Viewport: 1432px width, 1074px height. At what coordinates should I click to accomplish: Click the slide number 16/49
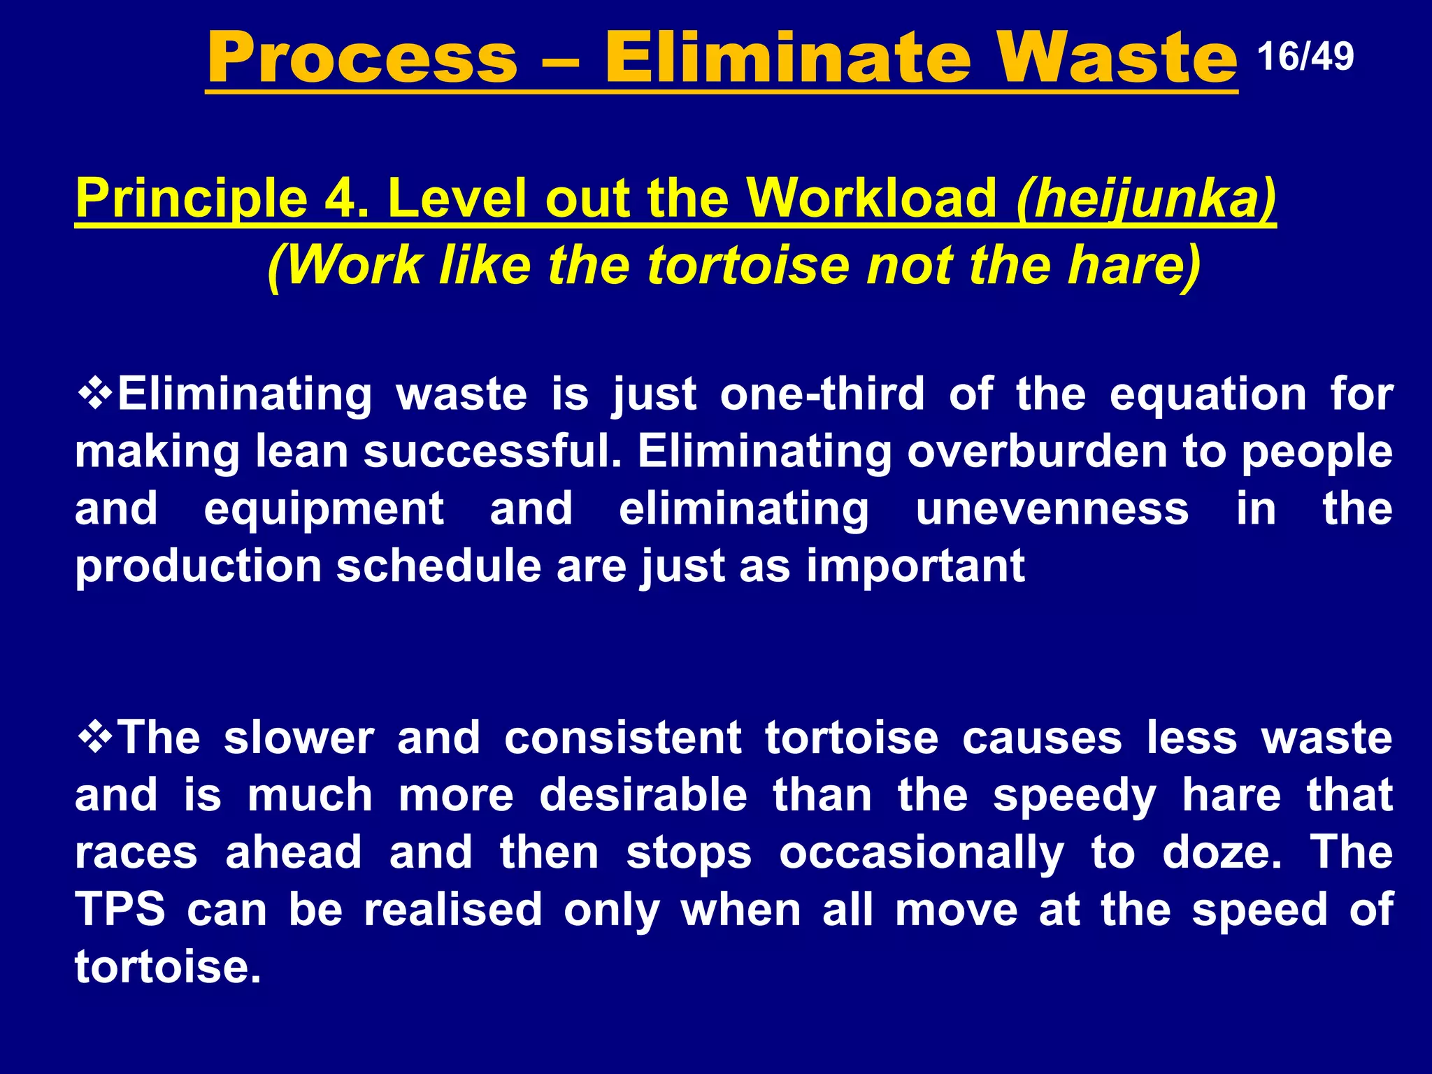[x=1305, y=57]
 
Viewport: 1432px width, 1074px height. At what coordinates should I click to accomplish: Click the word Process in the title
[x=362, y=58]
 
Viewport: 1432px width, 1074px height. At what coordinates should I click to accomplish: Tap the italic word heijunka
[x=1147, y=199]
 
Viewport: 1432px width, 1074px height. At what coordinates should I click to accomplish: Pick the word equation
[x=1208, y=394]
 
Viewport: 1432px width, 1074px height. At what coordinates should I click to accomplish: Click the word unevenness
[x=1052, y=508]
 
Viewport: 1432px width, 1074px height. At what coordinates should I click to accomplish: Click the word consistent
[x=622, y=738]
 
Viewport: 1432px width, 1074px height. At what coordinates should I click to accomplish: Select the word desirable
[x=643, y=795]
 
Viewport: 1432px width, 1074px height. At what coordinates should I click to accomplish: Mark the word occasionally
[x=921, y=853]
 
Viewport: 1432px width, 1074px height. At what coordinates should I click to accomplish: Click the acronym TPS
[x=120, y=909]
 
